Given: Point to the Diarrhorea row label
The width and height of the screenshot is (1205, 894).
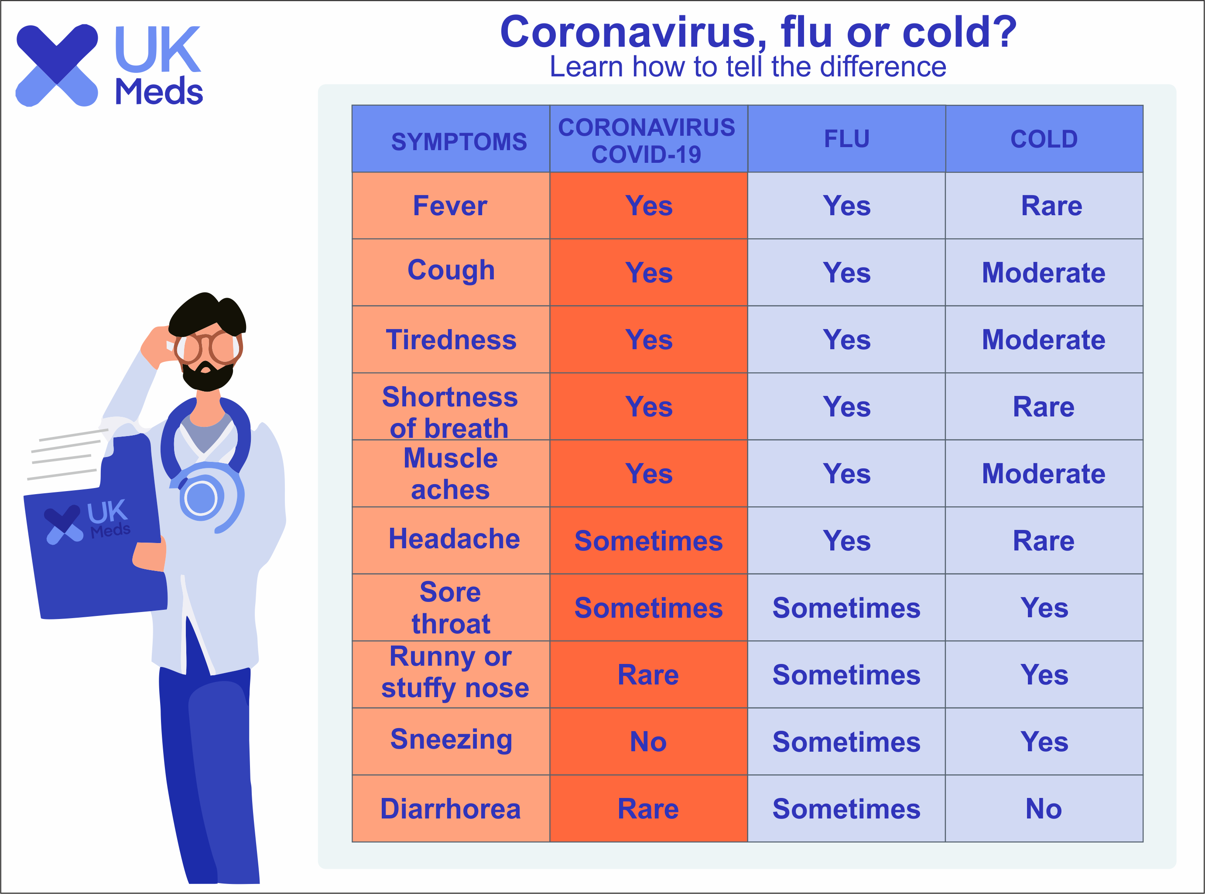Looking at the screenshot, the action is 451,809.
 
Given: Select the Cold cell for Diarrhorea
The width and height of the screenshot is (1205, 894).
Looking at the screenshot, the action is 1044,809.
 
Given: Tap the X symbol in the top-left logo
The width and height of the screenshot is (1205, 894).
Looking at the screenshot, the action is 57,65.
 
